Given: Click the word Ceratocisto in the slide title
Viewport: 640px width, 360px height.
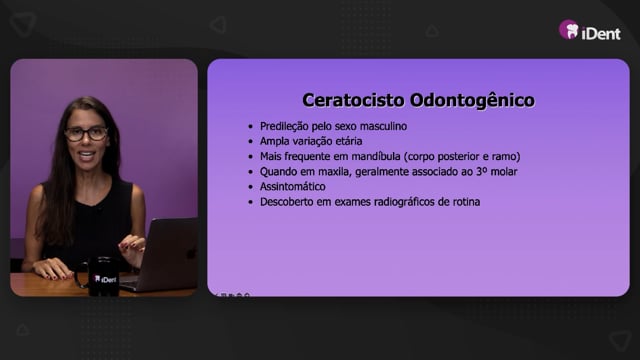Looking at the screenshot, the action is tap(353, 100).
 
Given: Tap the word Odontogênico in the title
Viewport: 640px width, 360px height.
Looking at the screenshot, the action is tap(472, 101).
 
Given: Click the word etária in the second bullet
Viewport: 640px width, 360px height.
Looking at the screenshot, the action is tap(349, 141).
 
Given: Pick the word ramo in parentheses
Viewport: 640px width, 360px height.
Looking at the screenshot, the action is tap(507, 156).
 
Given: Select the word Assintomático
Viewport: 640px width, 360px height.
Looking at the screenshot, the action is tap(293, 187).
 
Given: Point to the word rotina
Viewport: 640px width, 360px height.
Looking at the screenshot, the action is tap(467, 202).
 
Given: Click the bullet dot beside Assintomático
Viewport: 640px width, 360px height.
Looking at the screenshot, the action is tap(251, 187).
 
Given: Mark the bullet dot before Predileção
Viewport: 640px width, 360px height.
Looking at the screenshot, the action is tap(251, 127).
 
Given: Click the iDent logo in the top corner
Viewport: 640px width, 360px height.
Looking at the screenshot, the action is tap(590, 31).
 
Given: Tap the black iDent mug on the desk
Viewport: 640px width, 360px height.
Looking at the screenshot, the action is tap(101, 276).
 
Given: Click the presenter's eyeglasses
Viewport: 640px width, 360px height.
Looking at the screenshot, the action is tap(87, 134).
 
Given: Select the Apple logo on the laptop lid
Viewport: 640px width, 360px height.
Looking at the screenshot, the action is tap(190, 253).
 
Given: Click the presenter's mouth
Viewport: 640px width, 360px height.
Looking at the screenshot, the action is tap(87, 155).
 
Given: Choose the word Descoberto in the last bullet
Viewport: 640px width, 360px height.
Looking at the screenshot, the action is tap(287, 202).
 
